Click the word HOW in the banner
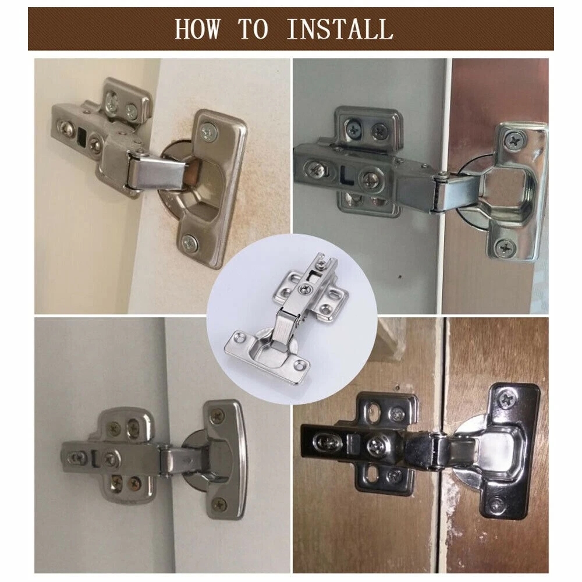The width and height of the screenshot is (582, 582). point(197,29)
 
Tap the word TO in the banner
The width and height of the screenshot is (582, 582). point(253,29)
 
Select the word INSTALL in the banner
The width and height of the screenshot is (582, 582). point(340,29)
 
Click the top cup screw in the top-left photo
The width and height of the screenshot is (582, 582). point(210,132)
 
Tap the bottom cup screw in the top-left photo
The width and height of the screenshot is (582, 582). point(190,243)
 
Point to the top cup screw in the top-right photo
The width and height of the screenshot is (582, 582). point(514,140)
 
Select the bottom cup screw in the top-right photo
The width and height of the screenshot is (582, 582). point(505,246)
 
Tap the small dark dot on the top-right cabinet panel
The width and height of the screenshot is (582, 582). point(399,276)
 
